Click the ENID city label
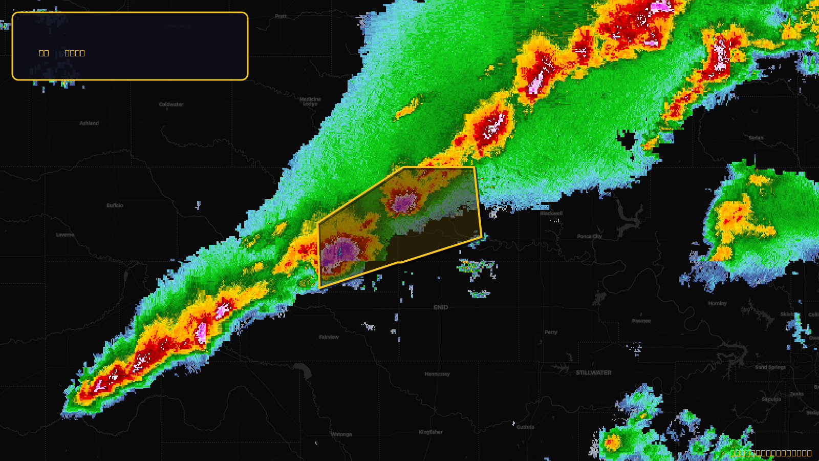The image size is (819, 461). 441,307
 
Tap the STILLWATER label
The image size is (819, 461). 593,372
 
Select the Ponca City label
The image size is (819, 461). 589,236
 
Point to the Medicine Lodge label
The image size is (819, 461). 310,101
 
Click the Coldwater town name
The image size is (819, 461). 171,104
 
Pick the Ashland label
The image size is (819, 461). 89,123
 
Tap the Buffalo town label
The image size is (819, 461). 115,205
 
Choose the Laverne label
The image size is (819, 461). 65,235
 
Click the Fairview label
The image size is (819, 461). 329,337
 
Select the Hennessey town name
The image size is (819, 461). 437,374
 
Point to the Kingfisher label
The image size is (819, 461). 430,432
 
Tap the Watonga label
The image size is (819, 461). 341,434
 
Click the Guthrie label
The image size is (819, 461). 525,427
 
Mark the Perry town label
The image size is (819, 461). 551,332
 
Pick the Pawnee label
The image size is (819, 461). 641,321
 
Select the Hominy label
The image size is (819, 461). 717,303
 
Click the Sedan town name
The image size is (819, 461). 756,138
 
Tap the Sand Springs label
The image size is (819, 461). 770,367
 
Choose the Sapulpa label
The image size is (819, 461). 771,399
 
